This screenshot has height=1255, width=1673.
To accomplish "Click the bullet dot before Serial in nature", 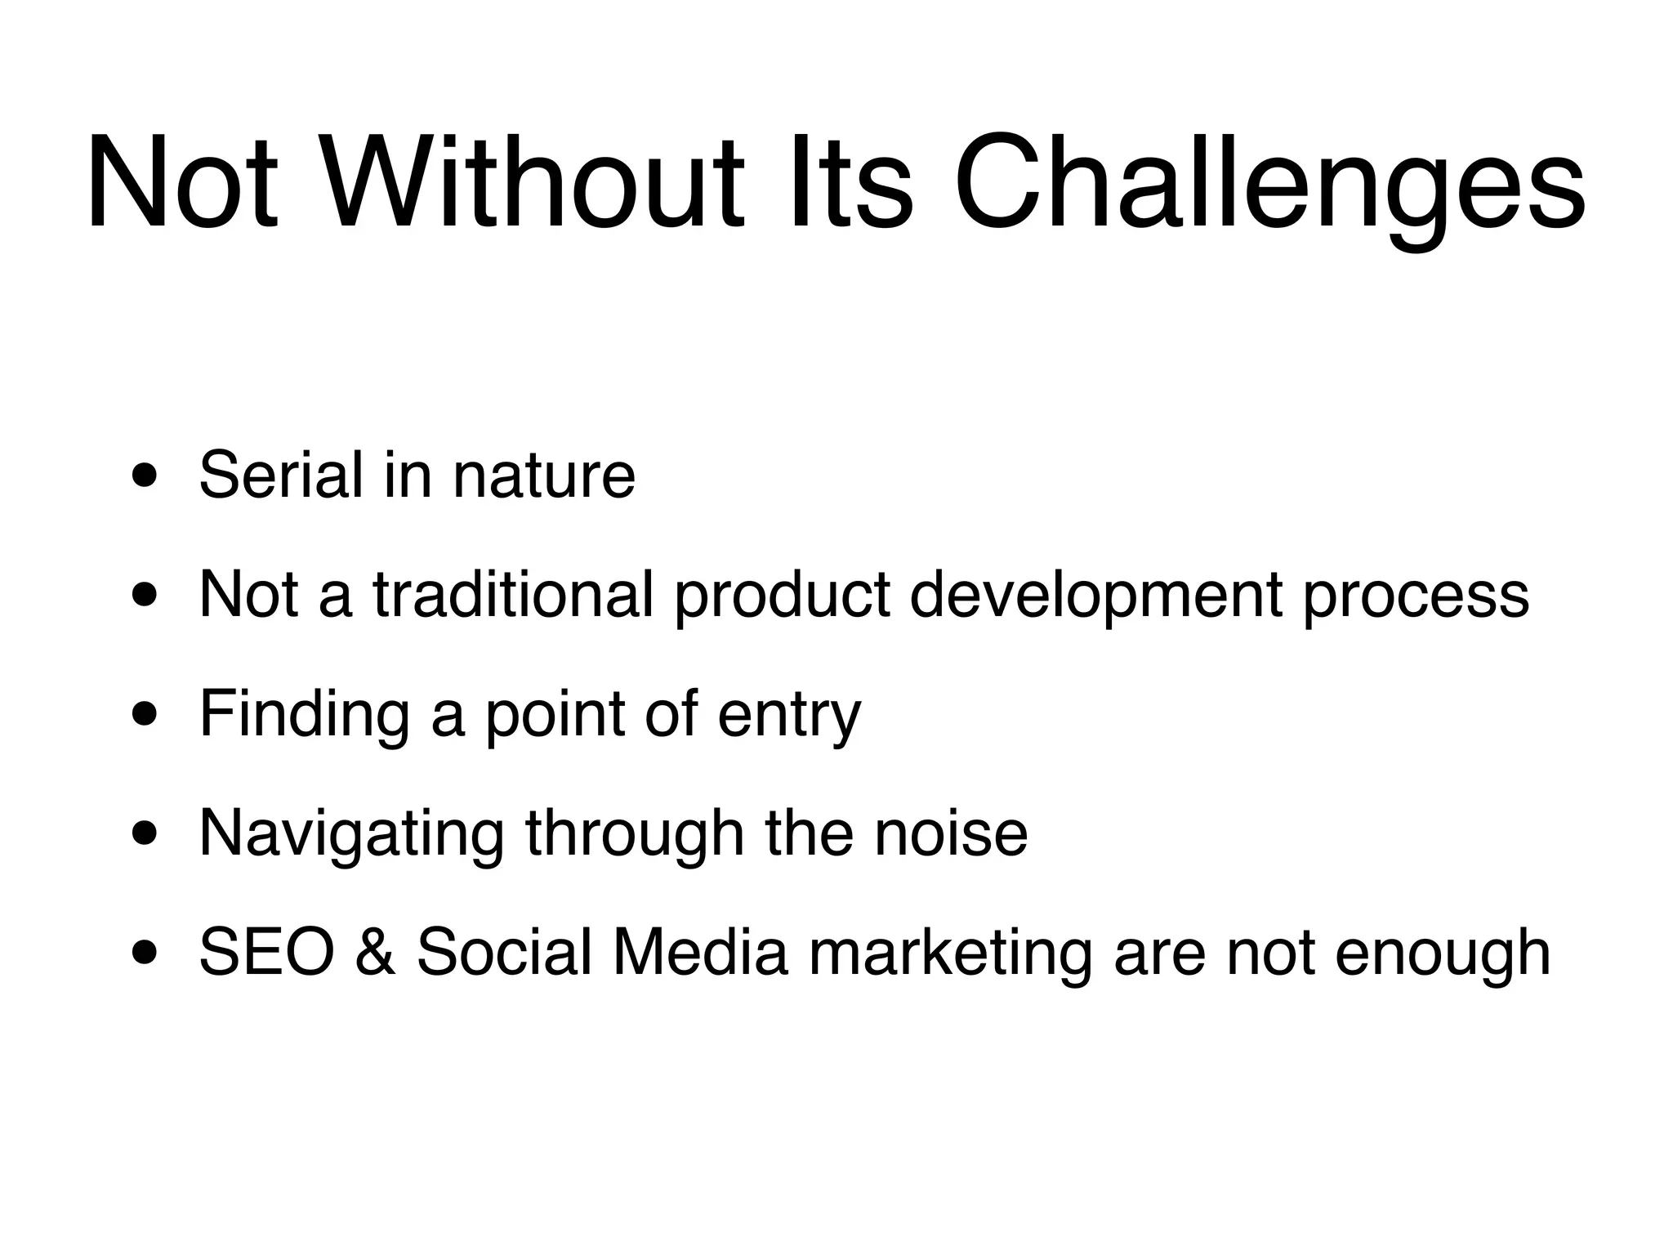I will (146, 476).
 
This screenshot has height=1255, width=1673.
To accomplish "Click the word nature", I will (544, 476).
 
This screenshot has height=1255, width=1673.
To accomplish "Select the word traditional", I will (514, 594).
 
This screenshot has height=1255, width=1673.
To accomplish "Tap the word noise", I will (951, 834).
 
